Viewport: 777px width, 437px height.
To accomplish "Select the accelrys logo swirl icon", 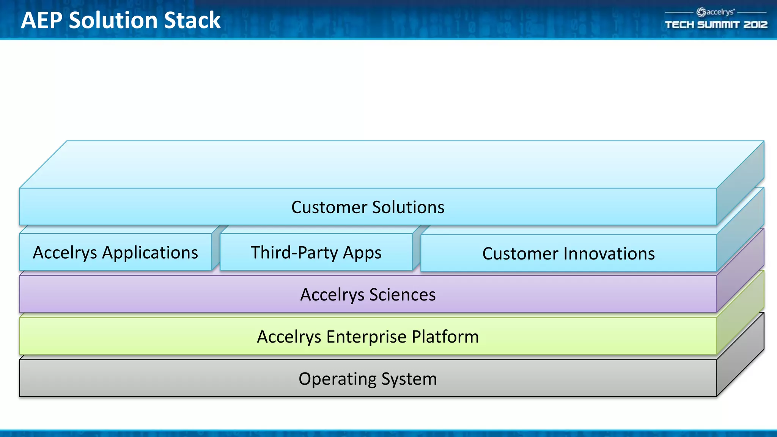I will point(701,13).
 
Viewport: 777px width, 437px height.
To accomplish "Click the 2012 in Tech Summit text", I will point(755,25).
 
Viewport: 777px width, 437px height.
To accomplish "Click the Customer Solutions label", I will point(368,207).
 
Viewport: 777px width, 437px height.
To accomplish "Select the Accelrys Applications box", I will point(115,253).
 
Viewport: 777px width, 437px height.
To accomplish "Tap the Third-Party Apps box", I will point(316,253).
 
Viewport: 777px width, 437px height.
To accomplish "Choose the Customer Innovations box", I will point(568,254).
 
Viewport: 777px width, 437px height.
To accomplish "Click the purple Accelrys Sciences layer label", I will point(368,295).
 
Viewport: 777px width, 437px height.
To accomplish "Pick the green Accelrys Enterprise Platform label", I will point(368,337).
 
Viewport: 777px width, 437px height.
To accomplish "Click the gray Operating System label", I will point(368,379).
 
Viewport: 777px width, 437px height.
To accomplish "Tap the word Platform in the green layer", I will point(445,337).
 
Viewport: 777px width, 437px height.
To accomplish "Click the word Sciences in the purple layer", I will point(402,295).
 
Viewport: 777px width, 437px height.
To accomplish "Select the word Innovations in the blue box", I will point(604,254).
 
